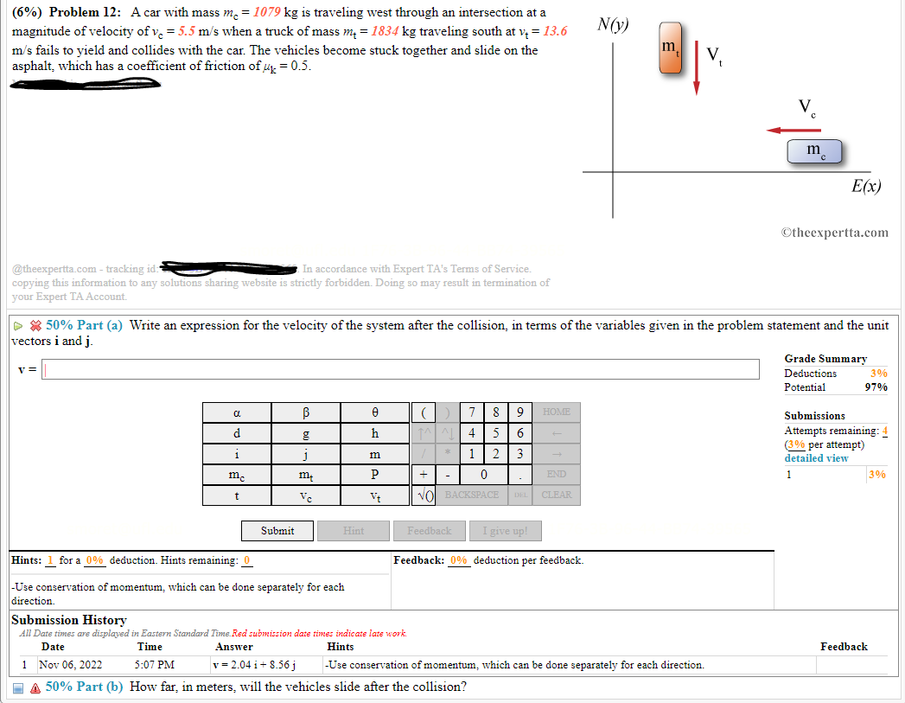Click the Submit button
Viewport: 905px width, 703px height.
(277, 531)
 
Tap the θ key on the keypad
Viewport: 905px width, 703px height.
(374, 412)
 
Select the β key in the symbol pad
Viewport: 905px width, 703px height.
(305, 412)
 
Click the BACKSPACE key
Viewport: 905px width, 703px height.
(471, 495)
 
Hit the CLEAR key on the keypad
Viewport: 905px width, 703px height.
(557, 495)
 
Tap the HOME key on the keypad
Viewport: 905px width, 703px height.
(557, 412)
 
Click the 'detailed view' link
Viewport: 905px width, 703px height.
(816, 458)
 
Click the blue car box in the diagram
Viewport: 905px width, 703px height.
(813, 151)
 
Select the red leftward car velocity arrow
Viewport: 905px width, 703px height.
(793, 131)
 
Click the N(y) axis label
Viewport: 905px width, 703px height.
(613, 24)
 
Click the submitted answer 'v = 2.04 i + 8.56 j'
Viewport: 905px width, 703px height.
(255, 665)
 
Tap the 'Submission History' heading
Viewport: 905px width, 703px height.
(68, 620)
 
